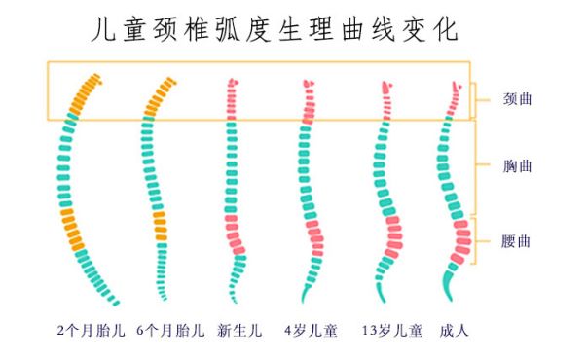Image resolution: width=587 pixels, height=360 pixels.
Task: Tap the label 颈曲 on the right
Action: point(517,99)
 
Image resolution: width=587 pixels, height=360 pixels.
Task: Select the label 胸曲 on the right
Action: point(517,166)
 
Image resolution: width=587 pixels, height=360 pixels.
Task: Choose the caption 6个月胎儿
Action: point(170,331)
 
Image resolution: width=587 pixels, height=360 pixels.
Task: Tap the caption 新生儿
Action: point(239,331)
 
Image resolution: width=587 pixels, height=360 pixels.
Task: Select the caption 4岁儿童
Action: point(311,331)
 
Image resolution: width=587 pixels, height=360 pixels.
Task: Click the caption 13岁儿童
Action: point(391,331)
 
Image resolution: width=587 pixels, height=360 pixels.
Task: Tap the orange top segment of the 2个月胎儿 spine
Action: point(83,95)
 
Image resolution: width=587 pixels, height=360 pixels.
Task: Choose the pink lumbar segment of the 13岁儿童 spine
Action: point(391,234)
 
